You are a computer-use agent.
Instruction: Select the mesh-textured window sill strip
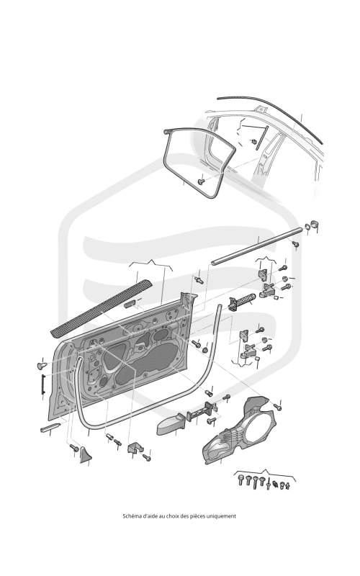100,308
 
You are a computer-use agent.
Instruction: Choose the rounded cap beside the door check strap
170,425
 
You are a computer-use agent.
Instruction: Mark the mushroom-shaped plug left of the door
42,366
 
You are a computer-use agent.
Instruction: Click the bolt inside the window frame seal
201,182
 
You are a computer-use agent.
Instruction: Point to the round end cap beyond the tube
314,224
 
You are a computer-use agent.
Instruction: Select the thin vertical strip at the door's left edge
43,384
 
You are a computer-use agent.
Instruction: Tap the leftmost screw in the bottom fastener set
241,480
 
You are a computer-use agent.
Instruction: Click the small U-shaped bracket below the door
135,447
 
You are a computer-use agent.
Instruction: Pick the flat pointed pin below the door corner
50,428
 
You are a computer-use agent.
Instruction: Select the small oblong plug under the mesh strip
130,304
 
